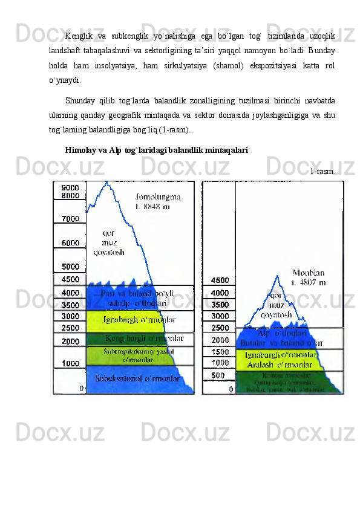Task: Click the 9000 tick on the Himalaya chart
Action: coord(69,187)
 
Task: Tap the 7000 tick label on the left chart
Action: coord(69,218)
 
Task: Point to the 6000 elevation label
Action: coord(69,242)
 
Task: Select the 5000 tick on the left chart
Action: coord(69,266)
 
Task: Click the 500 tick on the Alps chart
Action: coord(218,375)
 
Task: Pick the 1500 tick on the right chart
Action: coord(219,351)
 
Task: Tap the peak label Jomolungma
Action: coord(158,196)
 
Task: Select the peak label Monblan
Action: coord(309,273)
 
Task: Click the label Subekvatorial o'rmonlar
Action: coord(137,378)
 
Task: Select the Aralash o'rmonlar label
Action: coord(282,363)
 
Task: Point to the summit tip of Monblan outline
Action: coord(277,275)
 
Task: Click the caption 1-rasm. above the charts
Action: coord(322,172)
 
